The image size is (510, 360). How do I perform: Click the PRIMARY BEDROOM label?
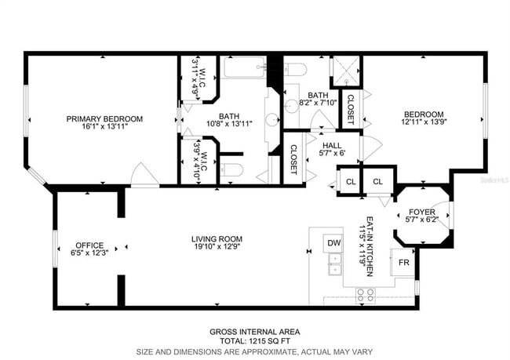[x=104, y=119]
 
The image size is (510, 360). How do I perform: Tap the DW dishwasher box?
[x=333, y=243]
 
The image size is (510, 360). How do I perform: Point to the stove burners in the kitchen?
[x=366, y=295]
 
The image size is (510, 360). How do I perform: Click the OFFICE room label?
[x=89, y=245]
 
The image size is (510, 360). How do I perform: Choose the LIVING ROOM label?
[x=217, y=239]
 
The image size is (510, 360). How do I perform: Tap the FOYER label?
[x=423, y=213]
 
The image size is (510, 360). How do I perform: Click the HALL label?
[x=330, y=144]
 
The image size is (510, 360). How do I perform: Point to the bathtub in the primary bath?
[x=245, y=67]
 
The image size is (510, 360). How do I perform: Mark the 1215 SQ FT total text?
[x=254, y=341]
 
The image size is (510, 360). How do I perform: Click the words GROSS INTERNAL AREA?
[x=254, y=332]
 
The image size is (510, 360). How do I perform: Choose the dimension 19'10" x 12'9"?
[x=217, y=248]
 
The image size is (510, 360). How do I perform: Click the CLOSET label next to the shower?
[x=350, y=109]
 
